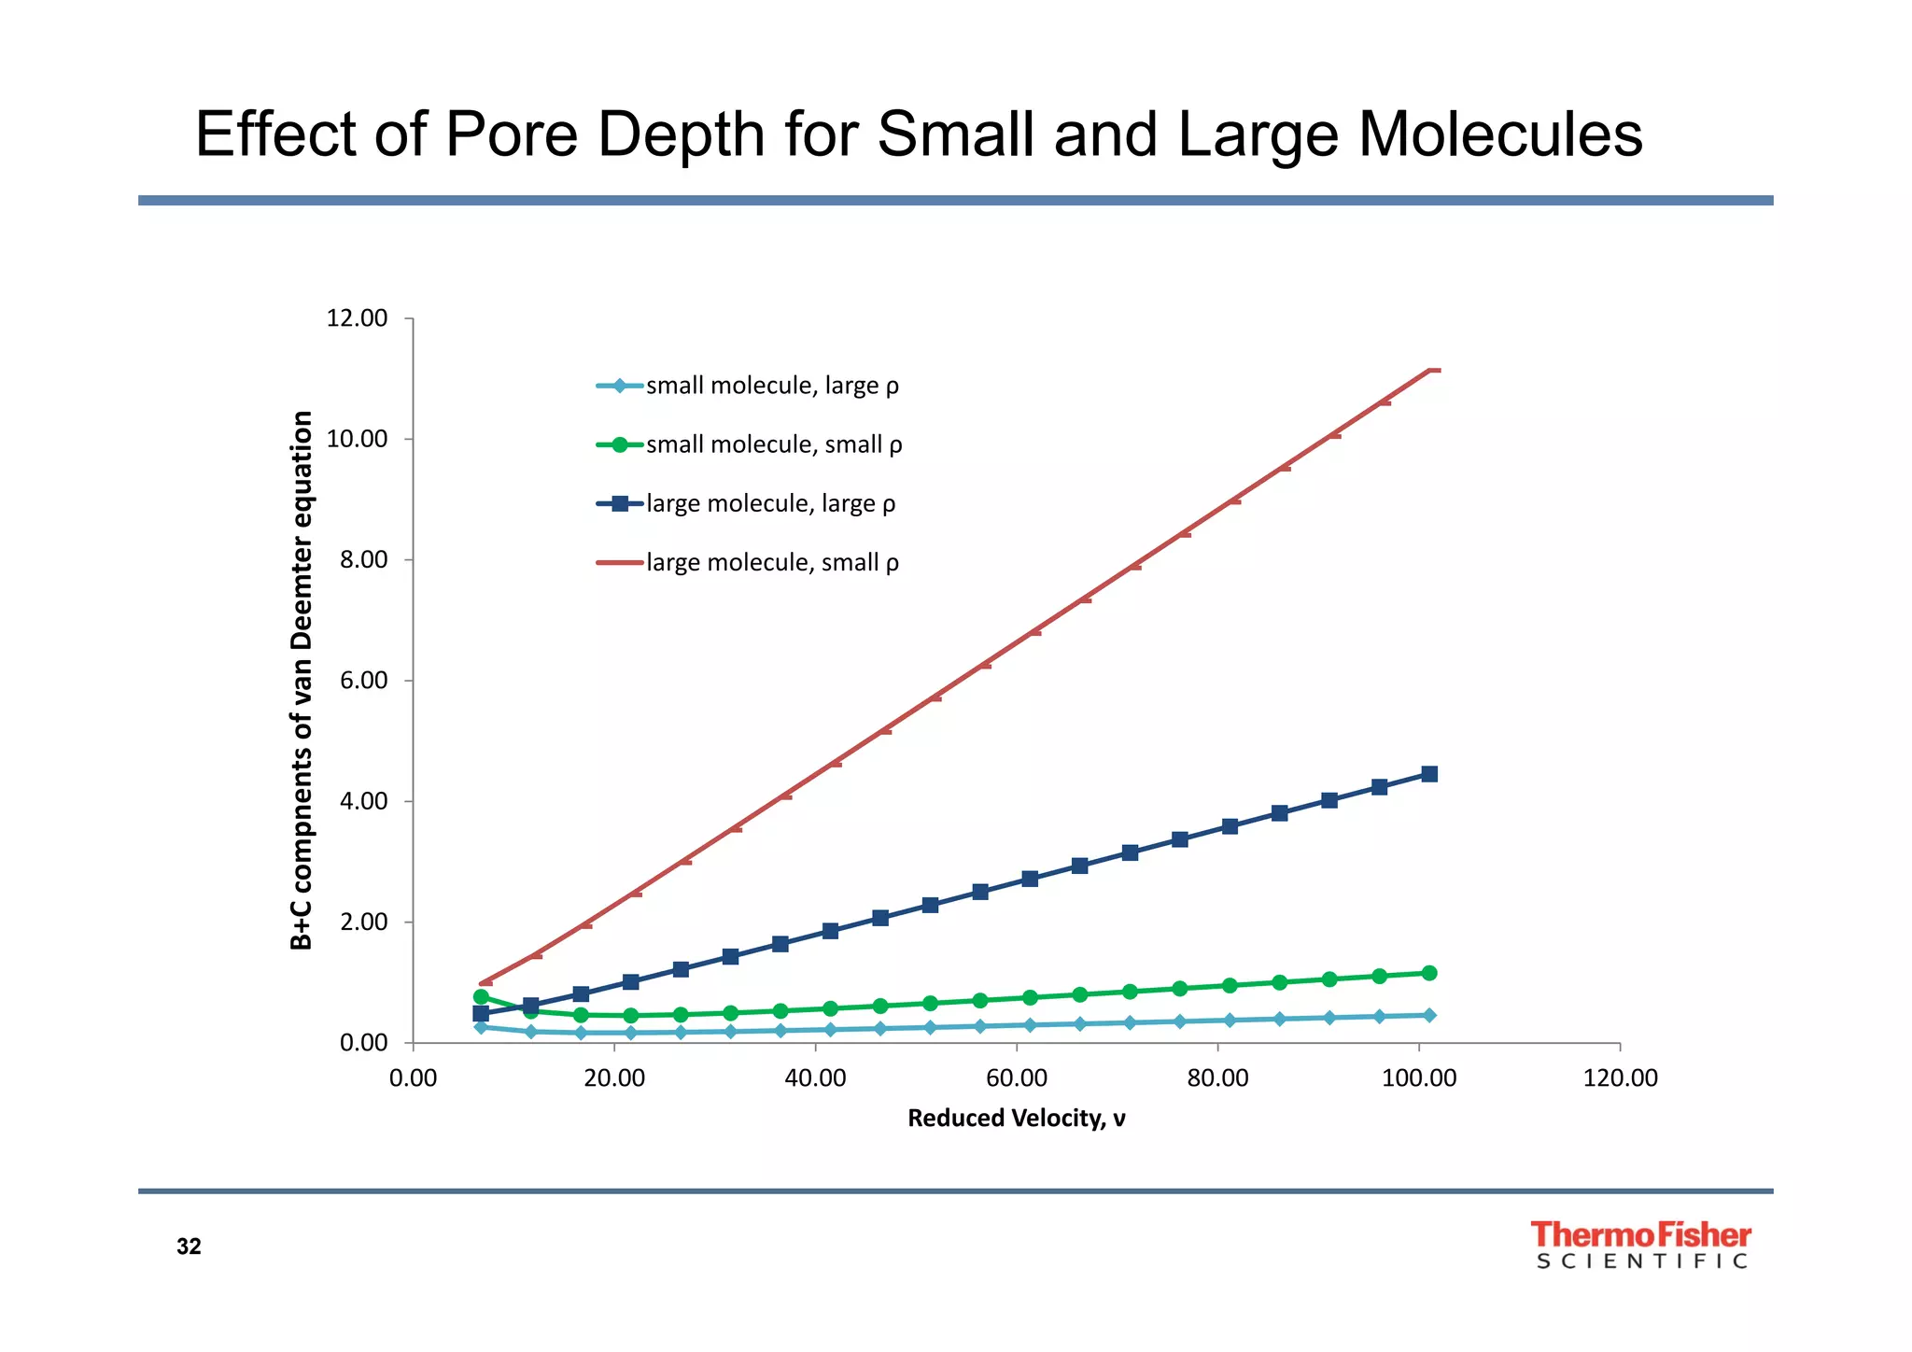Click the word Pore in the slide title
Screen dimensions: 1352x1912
click(512, 134)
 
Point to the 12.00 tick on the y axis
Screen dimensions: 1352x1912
click(357, 318)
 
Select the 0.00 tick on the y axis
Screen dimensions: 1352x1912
click(363, 1043)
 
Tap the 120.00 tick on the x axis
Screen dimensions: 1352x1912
click(1620, 1078)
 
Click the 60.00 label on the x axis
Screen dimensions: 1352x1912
click(1017, 1078)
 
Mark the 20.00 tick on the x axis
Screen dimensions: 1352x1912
click(614, 1078)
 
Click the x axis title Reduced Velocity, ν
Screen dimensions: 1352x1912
click(1017, 1118)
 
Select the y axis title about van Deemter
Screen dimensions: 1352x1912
click(301, 680)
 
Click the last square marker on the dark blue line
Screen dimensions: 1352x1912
click(1428, 774)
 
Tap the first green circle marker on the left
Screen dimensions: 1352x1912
click(481, 997)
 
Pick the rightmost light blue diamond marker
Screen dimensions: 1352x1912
click(1429, 1015)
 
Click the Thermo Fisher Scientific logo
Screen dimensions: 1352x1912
click(1641, 1246)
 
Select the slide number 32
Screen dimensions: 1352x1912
click(189, 1246)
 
